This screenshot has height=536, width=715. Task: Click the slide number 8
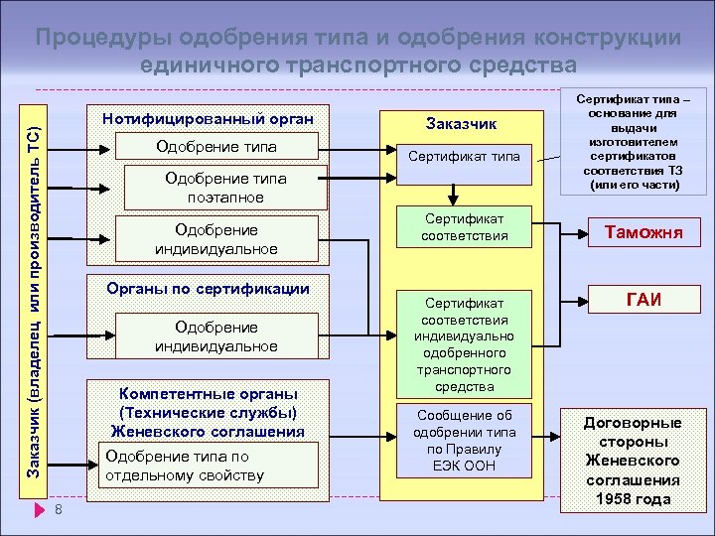coord(60,510)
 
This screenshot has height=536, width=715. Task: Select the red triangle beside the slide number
coord(39,510)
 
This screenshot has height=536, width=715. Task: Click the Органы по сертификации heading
coord(208,289)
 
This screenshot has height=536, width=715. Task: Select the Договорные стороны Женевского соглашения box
coord(633,459)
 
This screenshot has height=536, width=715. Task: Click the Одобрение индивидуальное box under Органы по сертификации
coord(214,335)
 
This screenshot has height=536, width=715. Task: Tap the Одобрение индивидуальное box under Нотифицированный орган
coord(214,238)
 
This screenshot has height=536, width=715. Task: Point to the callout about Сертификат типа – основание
coord(632,144)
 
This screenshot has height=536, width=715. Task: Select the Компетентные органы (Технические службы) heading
coord(208,411)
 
